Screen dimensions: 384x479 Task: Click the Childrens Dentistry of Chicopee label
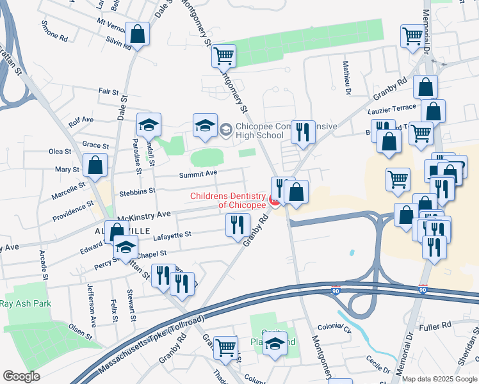(x=227, y=200)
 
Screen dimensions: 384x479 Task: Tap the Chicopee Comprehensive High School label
(x=286, y=131)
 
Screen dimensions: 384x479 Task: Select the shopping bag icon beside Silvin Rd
(x=137, y=35)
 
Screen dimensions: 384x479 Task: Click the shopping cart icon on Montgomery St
(x=223, y=56)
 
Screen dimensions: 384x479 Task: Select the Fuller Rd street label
(x=437, y=326)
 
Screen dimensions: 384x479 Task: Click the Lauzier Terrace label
(x=393, y=108)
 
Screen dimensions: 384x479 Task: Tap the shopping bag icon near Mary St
(x=95, y=165)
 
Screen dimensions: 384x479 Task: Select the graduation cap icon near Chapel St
(x=126, y=246)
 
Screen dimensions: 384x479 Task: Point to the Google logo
(x=21, y=376)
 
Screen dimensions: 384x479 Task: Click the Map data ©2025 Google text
(x=439, y=379)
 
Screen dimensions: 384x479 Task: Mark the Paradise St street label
(x=137, y=156)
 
